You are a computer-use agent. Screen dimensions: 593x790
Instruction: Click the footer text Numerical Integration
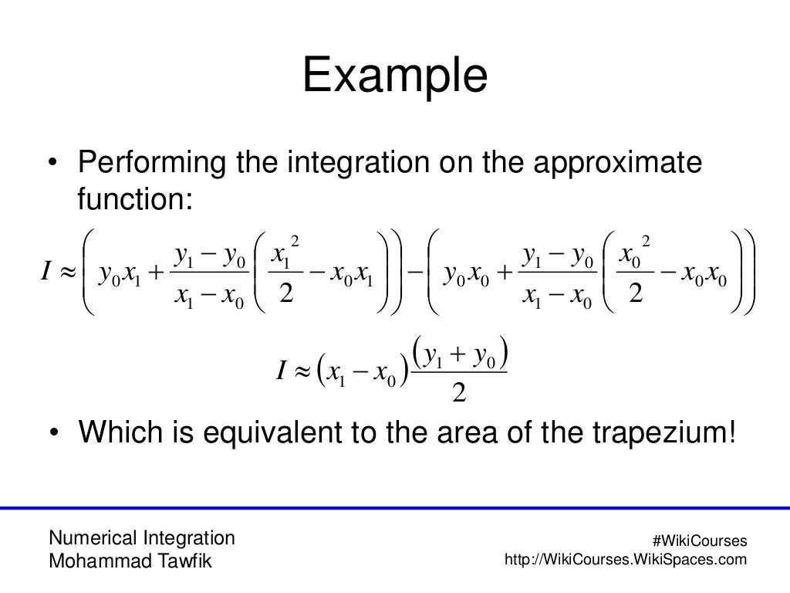142,537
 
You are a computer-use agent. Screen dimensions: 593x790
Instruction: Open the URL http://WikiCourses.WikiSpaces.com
625,559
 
